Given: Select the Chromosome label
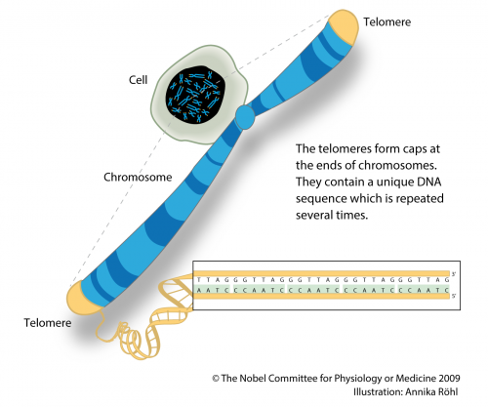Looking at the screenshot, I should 139,178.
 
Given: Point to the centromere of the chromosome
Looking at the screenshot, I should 244,119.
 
